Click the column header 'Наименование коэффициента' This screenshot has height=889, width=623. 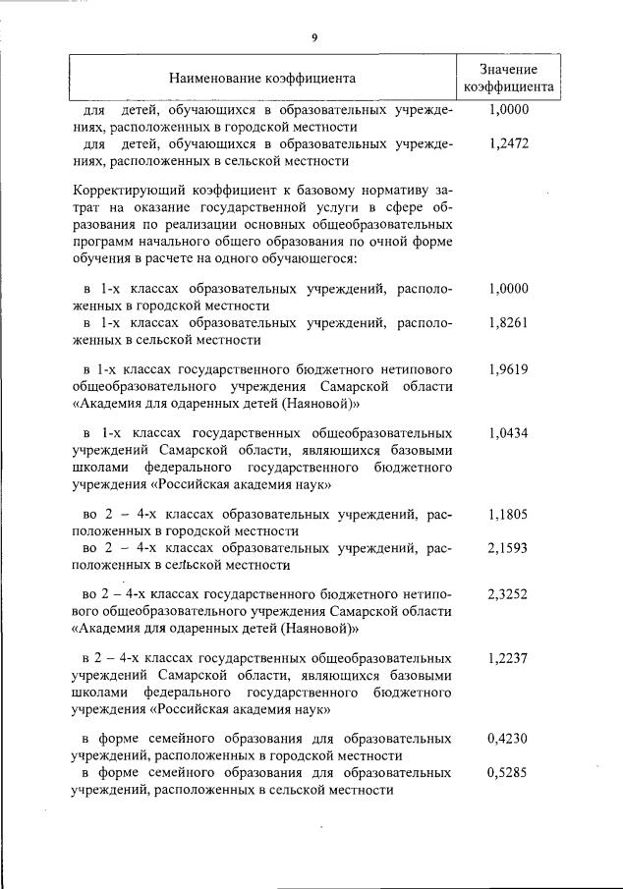[x=261, y=77]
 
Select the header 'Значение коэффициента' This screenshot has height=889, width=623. [x=509, y=77]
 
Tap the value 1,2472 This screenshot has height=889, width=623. [x=508, y=142]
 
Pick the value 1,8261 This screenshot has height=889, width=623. [x=508, y=322]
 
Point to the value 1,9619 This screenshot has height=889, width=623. [x=508, y=369]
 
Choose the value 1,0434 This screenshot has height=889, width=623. [x=508, y=432]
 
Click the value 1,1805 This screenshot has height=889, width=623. [x=508, y=513]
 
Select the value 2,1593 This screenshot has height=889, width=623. [x=508, y=547]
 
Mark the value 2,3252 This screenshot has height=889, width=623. [x=508, y=594]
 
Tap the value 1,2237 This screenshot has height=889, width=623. [x=508, y=657]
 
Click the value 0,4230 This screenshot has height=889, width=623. [x=508, y=738]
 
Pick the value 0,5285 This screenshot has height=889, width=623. [x=508, y=772]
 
